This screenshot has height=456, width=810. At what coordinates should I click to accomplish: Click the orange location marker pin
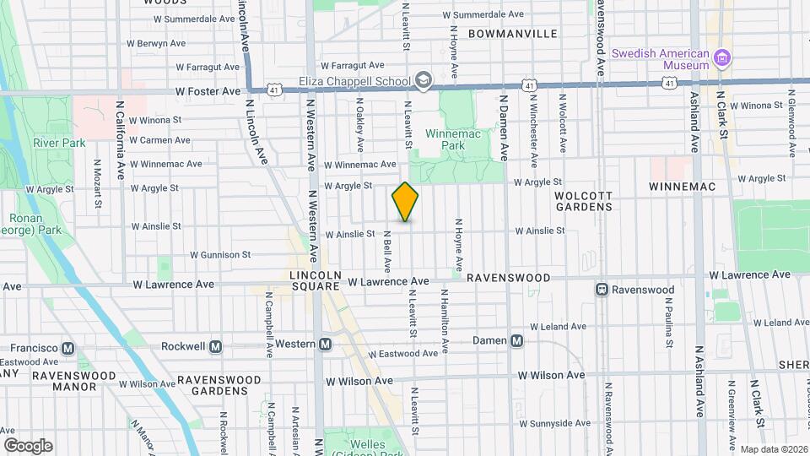coord(405,202)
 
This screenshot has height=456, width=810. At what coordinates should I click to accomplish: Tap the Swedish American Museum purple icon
coord(721,58)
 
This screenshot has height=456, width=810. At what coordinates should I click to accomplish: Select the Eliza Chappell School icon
coord(423,82)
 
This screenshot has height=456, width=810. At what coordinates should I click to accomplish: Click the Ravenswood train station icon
coord(602,290)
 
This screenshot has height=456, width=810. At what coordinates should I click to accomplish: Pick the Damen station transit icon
coord(517,341)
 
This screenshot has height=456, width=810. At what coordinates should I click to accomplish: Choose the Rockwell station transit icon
coord(216,346)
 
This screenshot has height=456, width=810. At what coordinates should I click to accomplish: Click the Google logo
coord(28,445)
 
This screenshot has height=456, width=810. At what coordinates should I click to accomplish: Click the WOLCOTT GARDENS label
coord(583,200)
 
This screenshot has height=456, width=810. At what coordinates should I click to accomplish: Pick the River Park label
coord(59,143)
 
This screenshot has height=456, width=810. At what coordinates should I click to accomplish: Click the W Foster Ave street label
coord(208,91)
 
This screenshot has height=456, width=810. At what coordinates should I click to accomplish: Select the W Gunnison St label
coord(220,254)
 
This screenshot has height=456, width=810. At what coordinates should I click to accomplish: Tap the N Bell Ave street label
coord(387,251)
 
